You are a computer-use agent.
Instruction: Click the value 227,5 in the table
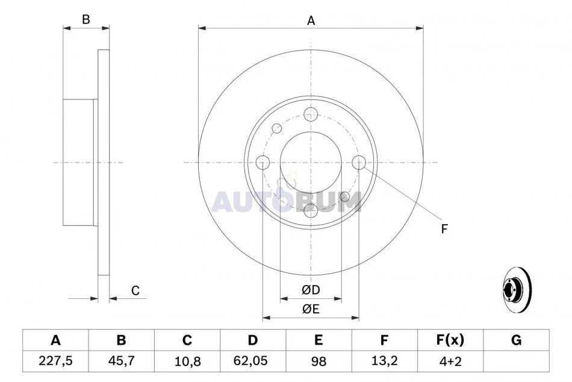(55, 361)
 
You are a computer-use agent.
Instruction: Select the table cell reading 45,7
(121, 361)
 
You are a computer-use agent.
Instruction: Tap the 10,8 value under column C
(187, 362)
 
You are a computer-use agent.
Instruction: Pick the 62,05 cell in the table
(253, 361)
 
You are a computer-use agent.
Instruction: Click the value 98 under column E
(319, 362)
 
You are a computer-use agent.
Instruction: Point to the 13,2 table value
(384, 361)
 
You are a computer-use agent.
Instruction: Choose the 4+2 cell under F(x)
(450, 361)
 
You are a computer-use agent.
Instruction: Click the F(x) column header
(450, 340)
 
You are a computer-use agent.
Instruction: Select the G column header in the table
(516, 340)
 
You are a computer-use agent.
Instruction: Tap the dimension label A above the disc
(311, 21)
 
